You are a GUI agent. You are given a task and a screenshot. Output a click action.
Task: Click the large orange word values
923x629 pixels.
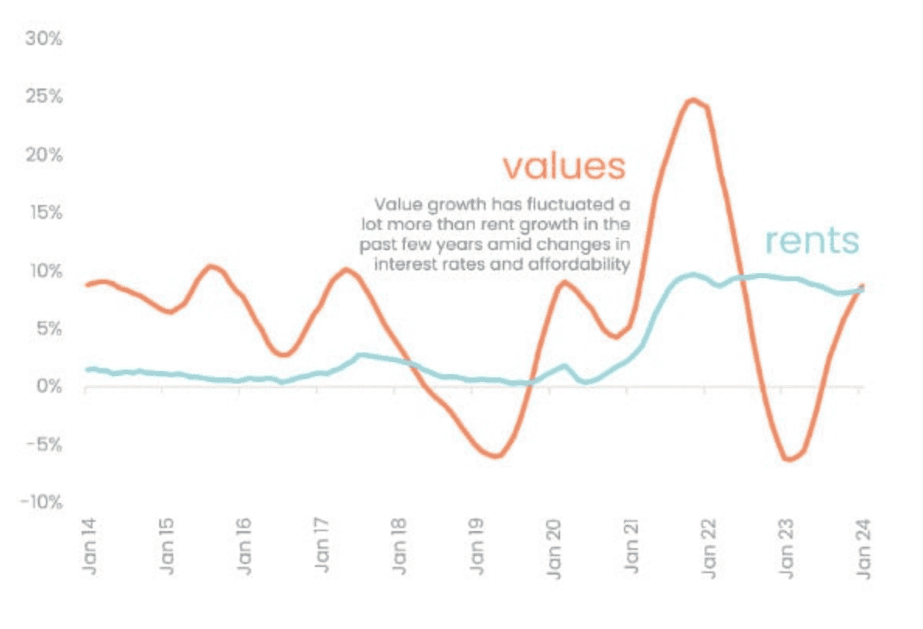[563, 166]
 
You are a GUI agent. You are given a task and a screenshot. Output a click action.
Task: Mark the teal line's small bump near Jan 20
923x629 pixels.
[565, 366]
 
